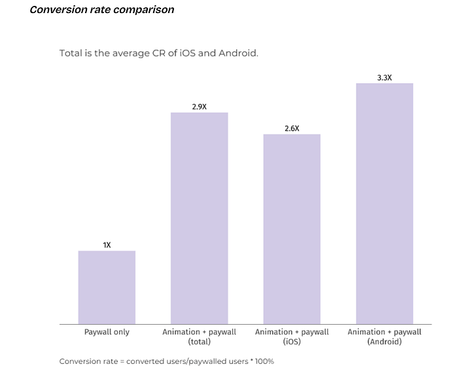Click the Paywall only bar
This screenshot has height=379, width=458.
(107, 287)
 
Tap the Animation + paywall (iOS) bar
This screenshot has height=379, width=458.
(292, 229)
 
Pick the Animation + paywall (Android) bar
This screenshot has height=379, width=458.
(385, 203)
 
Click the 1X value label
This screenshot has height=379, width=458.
(107, 245)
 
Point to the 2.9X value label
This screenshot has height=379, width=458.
(199, 107)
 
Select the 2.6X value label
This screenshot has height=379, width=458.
(292, 129)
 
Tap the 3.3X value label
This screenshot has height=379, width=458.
(385, 78)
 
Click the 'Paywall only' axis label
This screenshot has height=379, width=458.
(107, 332)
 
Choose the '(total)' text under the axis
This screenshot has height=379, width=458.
(199, 342)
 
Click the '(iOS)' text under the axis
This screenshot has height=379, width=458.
(292, 342)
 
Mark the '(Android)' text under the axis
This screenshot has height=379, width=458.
(385, 342)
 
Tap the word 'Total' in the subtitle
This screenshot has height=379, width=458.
(71, 53)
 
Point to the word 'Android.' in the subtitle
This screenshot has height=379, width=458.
(239, 53)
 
